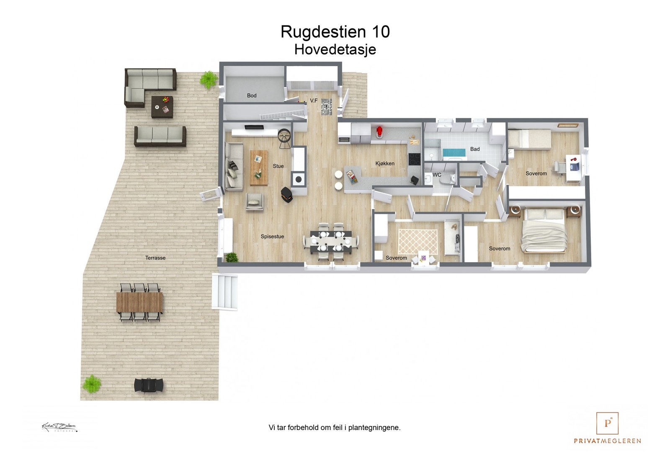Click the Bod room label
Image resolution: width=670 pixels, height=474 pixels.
click(251, 95)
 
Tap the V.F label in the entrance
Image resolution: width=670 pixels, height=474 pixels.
click(314, 100)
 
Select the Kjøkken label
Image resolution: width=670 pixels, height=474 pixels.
click(384, 163)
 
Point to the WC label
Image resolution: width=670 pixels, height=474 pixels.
click(437, 175)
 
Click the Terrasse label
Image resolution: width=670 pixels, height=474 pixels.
click(155, 258)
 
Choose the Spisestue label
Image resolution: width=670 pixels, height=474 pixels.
click(272, 237)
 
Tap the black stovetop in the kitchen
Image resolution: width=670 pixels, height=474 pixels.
click(415, 159)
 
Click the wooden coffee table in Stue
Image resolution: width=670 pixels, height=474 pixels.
click(259, 167)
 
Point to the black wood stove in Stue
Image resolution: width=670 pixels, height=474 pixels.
click(287, 195)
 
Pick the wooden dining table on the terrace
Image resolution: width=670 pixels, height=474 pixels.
click(139, 302)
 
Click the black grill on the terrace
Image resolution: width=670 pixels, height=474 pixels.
click(149, 385)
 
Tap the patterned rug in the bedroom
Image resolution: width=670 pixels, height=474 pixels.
click(417, 242)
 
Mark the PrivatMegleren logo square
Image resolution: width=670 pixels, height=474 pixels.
click(607, 423)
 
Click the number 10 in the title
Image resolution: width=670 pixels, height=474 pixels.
click(380, 32)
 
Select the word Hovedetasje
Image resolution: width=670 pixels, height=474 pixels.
click(335, 49)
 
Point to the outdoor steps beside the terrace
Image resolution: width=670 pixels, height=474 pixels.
click(225, 291)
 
